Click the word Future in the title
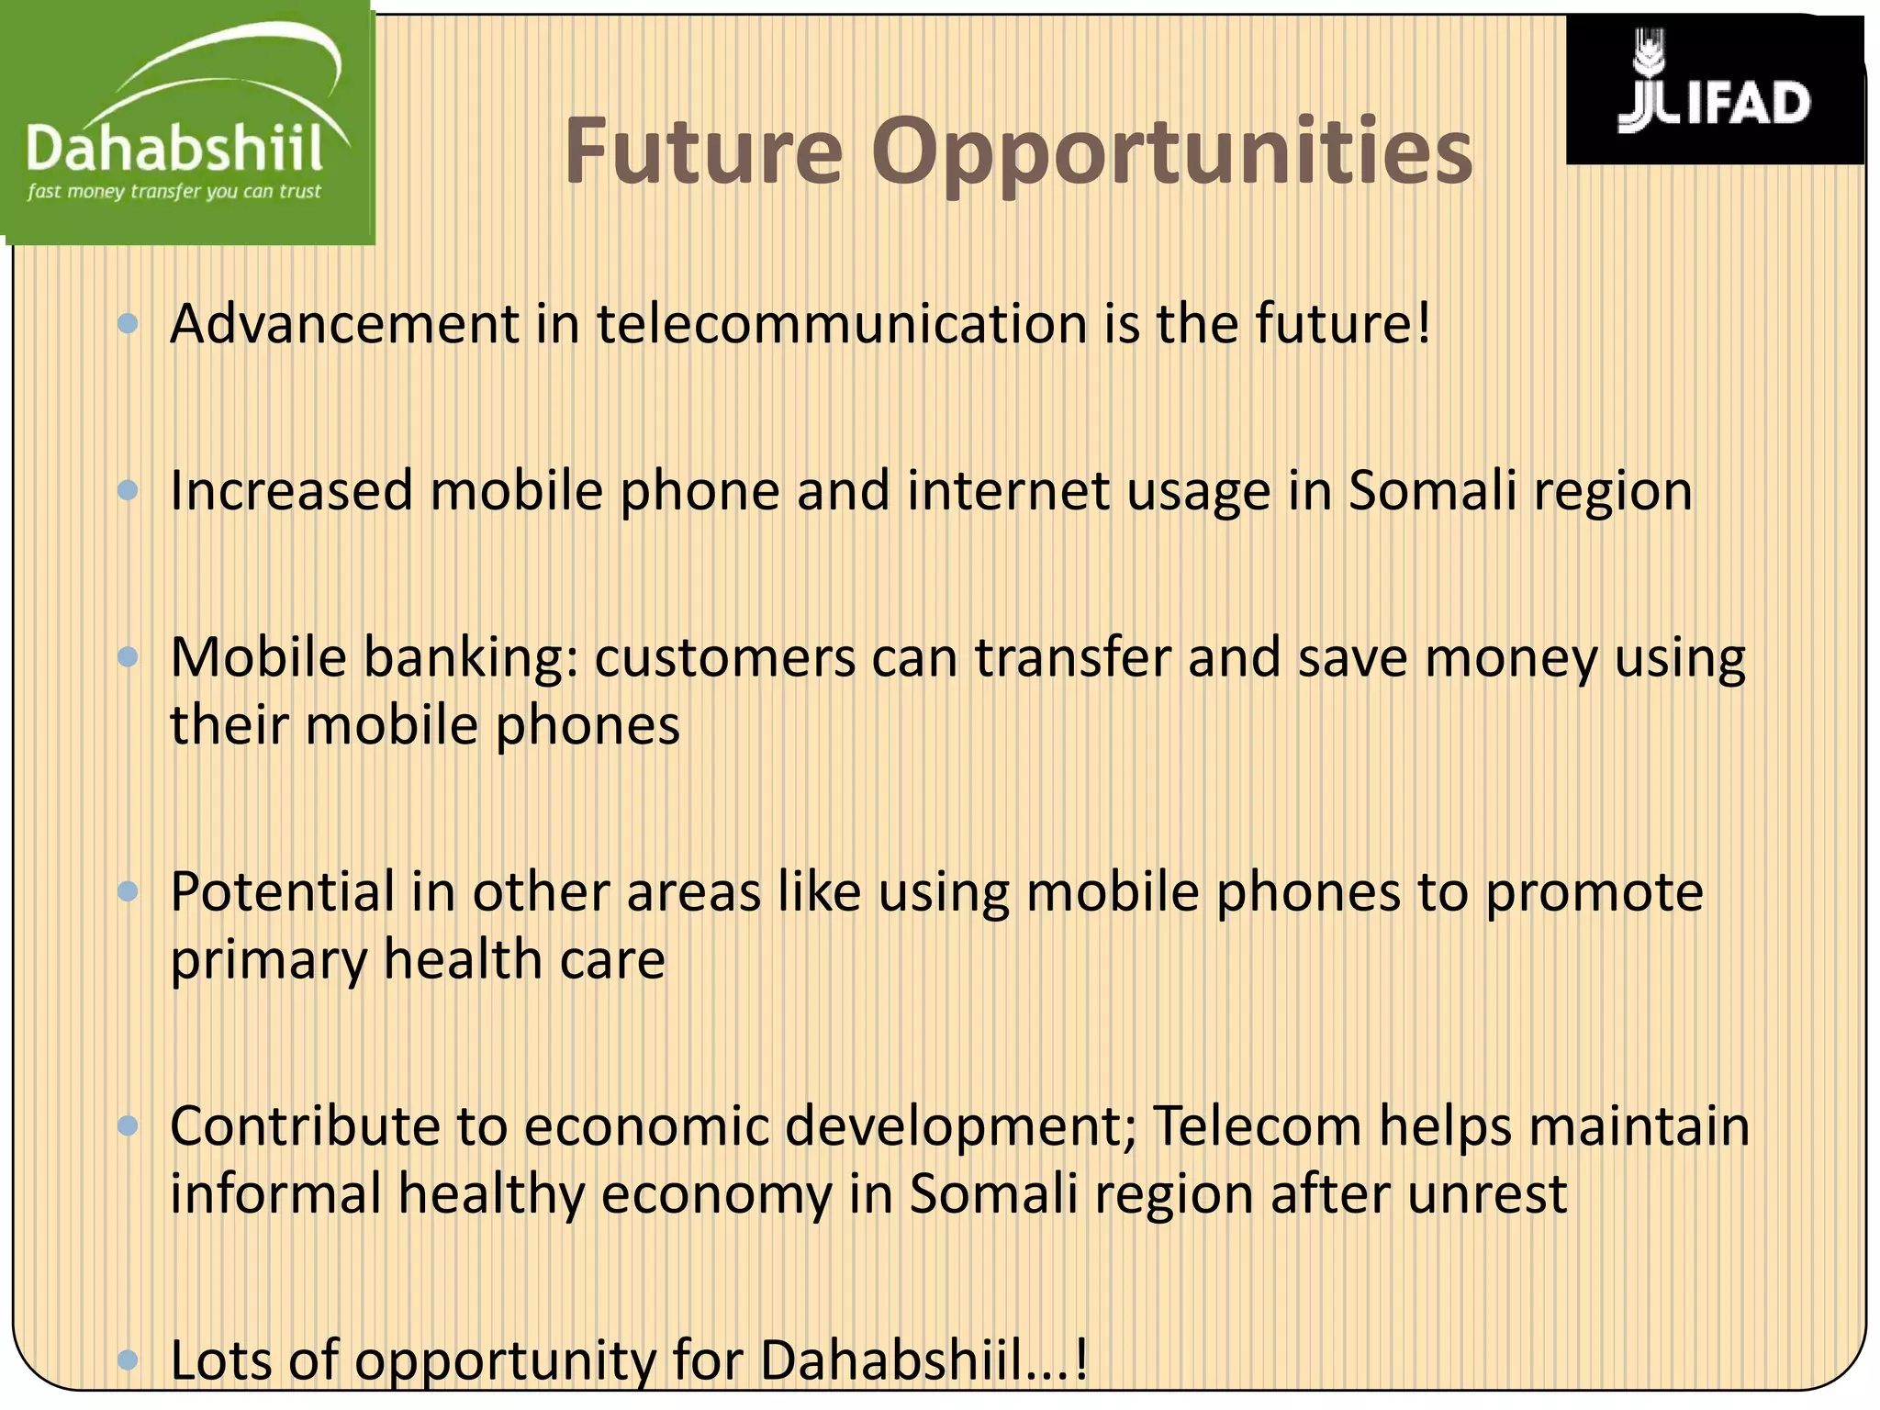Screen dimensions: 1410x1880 (702, 151)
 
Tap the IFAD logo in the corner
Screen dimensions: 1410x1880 (1714, 90)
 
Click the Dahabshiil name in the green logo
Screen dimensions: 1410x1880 (174, 149)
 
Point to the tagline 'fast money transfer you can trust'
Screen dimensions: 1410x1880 (174, 192)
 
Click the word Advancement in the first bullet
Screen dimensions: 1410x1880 (345, 324)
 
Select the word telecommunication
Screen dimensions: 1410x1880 (842, 324)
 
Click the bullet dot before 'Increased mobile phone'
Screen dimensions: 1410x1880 (129, 490)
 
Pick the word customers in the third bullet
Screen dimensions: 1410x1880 (724, 658)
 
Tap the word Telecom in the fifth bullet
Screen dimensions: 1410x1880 (1257, 1126)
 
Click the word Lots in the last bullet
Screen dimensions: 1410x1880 (220, 1360)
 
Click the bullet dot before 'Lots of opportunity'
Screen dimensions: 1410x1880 (129, 1360)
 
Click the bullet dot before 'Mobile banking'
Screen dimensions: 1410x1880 (129, 657)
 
